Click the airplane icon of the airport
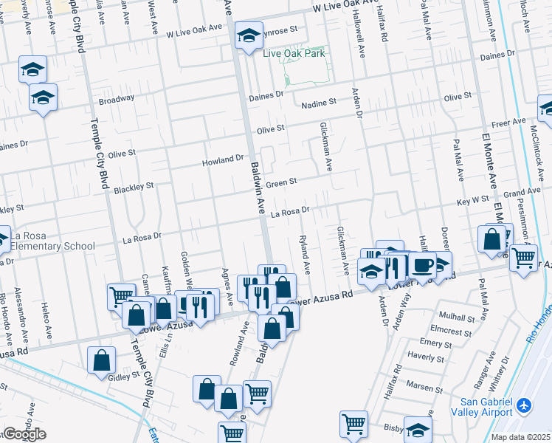coord(524,405)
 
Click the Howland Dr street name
coord(224,159)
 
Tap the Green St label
coord(281,182)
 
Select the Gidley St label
coord(124,376)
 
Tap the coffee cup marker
coord(423,265)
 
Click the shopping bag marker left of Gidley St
coord(102,361)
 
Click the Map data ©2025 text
coord(520,437)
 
